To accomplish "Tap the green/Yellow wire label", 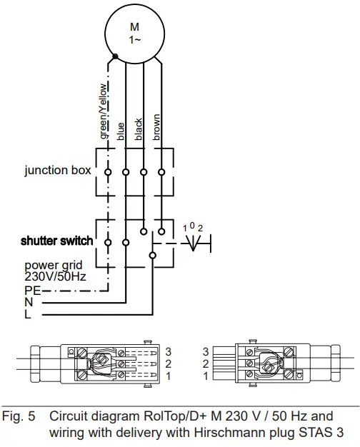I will click(x=104, y=111).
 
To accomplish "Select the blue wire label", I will click(x=121, y=130).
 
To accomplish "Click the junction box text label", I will click(x=58, y=171).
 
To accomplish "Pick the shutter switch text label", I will click(x=56, y=241).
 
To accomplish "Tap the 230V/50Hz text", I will click(x=55, y=276).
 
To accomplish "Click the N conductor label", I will click(x=29, y=303).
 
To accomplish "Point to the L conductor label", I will click(x=28, y=315).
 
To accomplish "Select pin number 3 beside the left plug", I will click(x=169, y=351).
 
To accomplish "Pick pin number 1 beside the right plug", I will click(x=206, y=376).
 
